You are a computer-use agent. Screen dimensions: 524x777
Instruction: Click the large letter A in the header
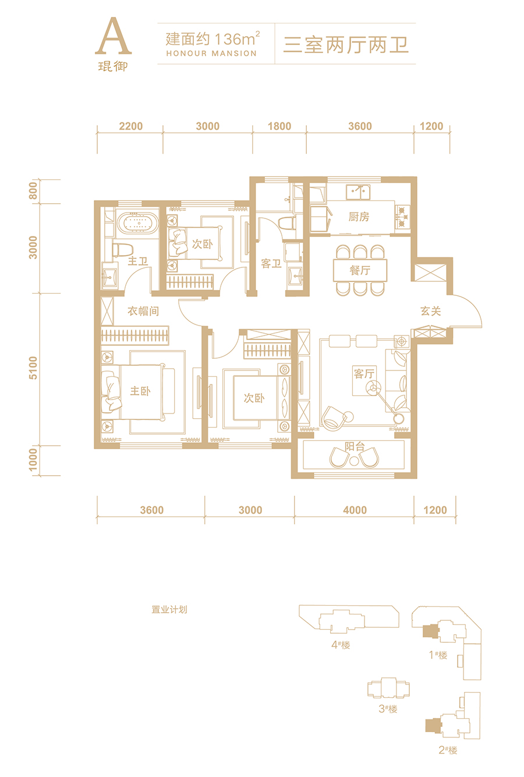pos(114,36)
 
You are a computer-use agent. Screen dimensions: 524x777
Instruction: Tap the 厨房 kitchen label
pos(359,217)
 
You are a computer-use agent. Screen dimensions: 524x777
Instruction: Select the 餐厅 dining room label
pos(360,270)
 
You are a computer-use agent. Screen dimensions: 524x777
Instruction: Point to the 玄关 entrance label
pos(431,311)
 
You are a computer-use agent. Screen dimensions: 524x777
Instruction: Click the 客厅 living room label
pos(364,373)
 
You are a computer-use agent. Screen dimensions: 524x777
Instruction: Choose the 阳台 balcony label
pos(355,446)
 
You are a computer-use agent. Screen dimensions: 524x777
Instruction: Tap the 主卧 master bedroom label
pos(140,391)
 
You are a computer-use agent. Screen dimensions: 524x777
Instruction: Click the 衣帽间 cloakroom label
pos(143,311)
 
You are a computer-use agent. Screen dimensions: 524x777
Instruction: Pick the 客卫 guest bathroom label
pos(271,264)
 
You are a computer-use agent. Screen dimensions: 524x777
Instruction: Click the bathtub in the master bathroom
pos(137,222)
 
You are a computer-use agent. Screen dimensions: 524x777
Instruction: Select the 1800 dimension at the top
pos(279,126)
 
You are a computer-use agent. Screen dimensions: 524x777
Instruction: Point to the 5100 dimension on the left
pos(33,368)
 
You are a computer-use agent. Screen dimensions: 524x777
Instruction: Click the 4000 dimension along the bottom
pos(355,510)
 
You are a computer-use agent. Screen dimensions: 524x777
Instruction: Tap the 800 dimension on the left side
pos(33,191)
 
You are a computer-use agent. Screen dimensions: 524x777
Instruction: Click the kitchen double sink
pos(358,192)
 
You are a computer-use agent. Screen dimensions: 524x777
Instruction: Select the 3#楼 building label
pos(388,709)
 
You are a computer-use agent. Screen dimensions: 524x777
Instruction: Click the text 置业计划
pos(169,609)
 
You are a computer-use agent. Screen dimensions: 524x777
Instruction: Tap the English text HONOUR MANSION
pos(211,54)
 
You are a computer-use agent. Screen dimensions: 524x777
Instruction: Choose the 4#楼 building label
pos(341,645)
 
